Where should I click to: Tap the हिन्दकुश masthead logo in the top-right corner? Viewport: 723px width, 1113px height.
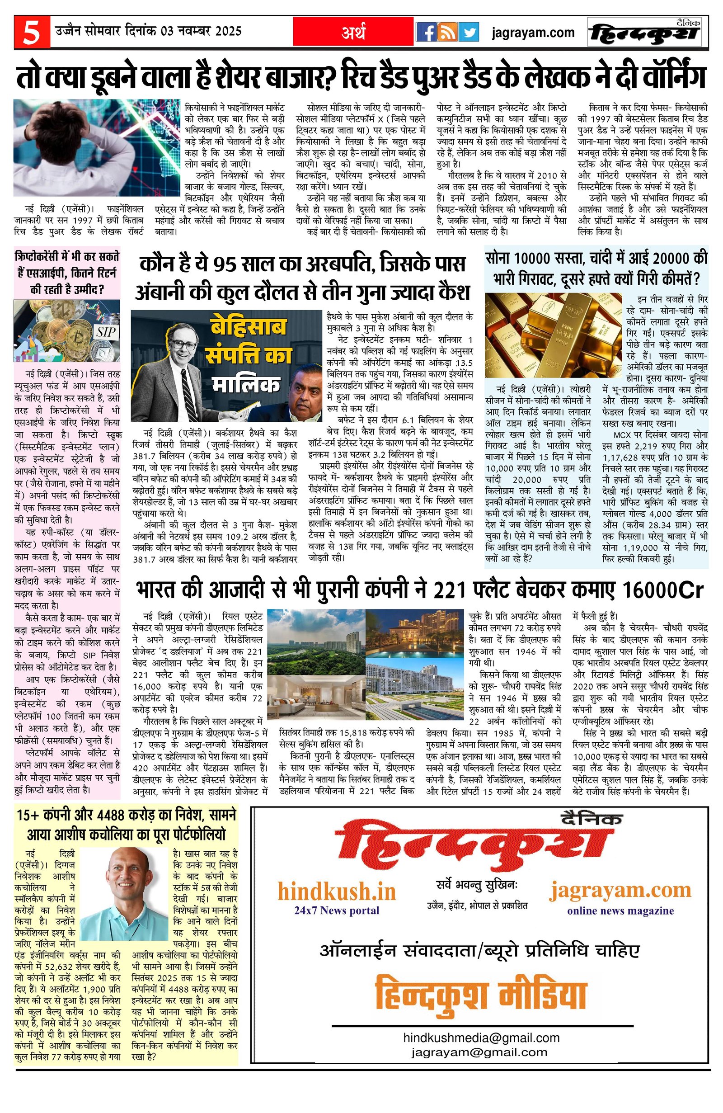click(x=645, y=33)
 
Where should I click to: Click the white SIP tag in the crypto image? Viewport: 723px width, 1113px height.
click(x=105, y=332)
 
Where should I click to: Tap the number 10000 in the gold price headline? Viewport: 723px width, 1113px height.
click(x=536, y=258)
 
